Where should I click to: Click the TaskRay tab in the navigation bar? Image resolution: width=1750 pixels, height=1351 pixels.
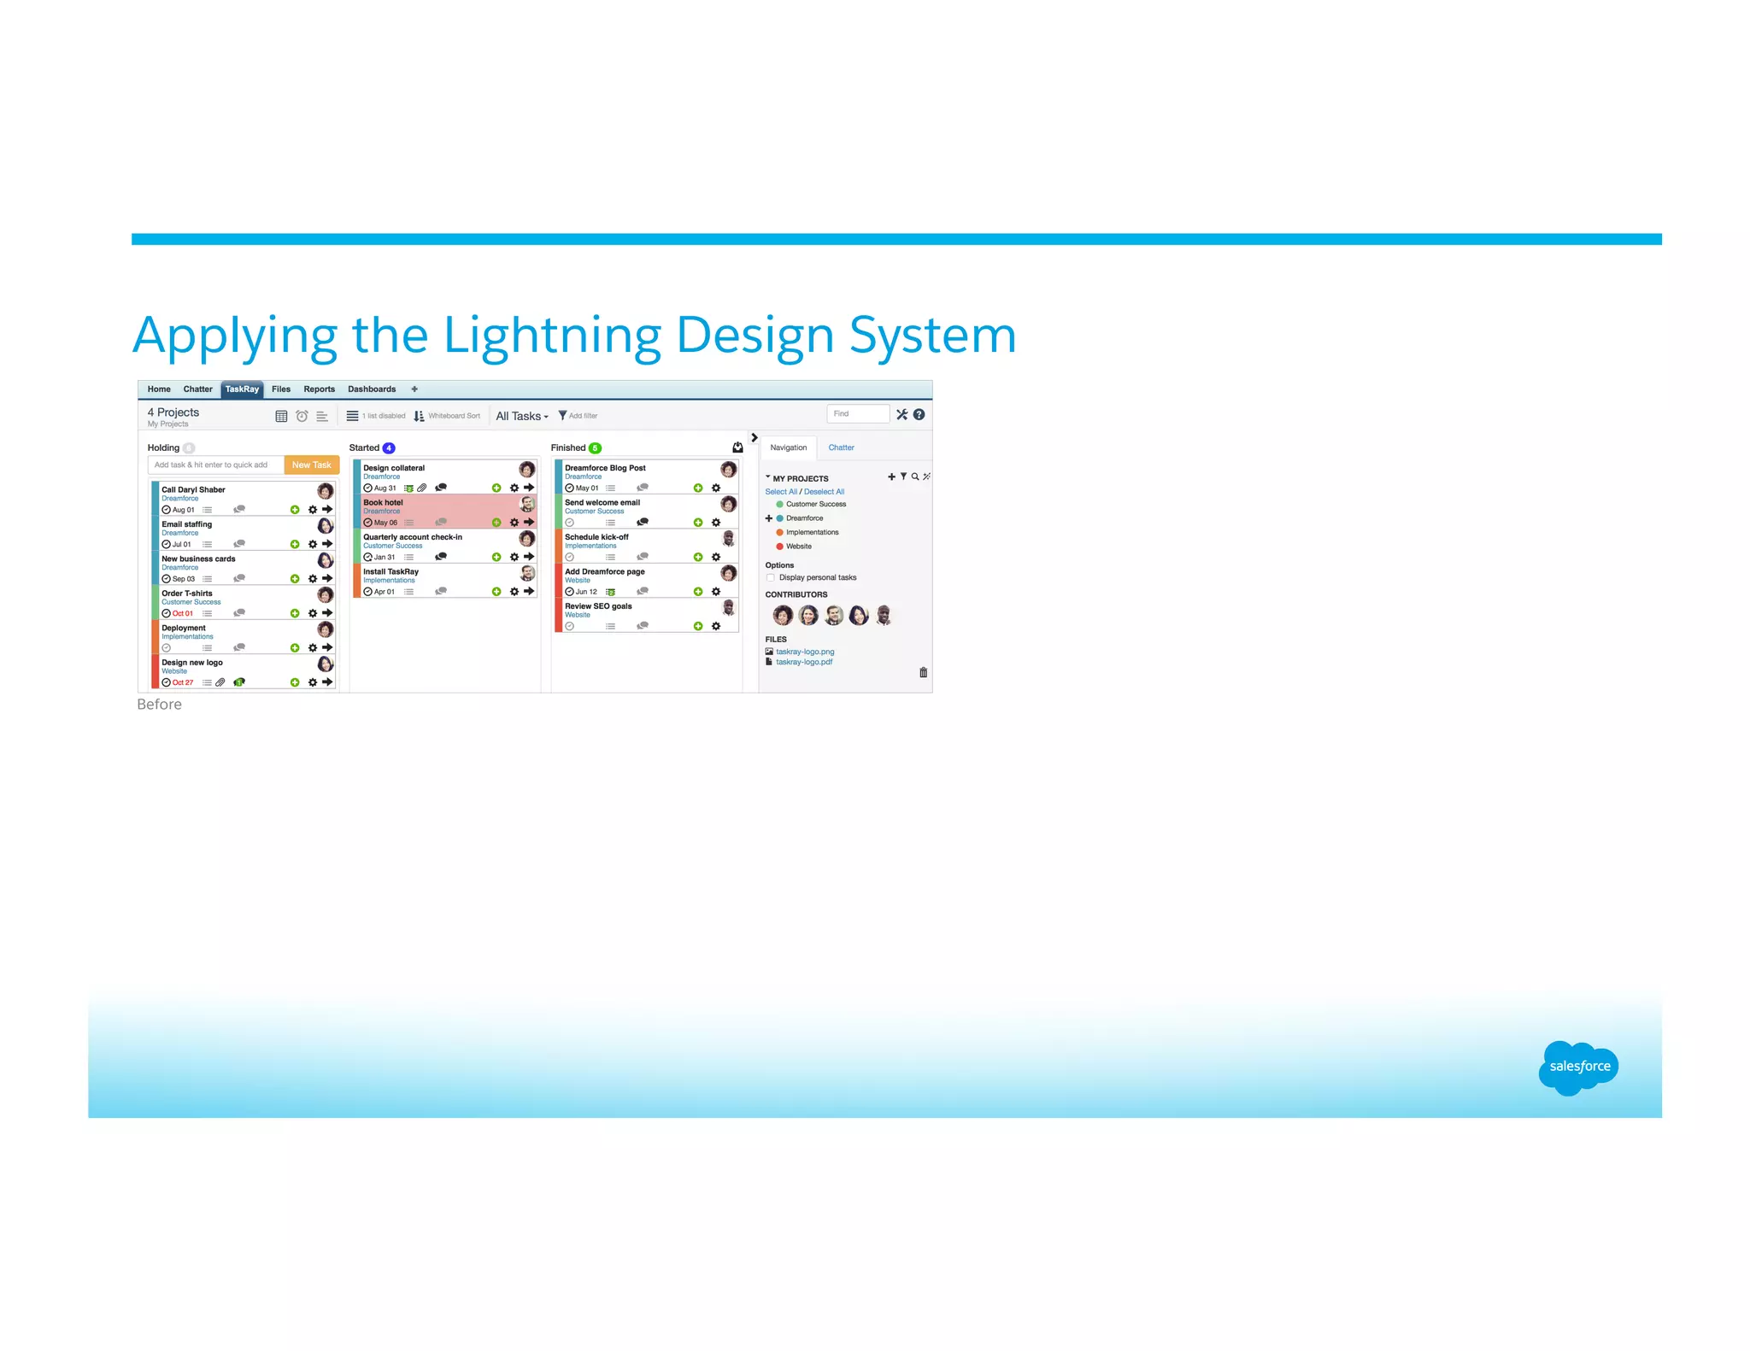pos(242,389)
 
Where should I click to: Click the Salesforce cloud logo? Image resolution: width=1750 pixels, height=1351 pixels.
pos(1578,1067)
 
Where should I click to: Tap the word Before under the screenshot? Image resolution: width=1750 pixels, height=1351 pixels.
pos(159,705)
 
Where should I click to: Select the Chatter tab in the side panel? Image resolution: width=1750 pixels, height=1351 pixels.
pos(841,447)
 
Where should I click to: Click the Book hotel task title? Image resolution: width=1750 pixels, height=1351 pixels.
pos(383,502)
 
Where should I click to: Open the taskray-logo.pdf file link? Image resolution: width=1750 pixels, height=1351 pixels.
pos(803,662)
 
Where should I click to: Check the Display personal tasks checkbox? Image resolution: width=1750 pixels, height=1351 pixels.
pos(771,578)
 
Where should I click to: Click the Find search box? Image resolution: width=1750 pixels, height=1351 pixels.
pos(857,414)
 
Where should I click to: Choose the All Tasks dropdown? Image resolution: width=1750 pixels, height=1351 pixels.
pos(521,416)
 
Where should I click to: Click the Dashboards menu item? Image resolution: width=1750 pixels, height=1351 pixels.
pos(372,389)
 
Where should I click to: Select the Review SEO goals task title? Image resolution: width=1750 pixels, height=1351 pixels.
pos(598,606)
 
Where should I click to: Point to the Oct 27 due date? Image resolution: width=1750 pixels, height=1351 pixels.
pos(182,682)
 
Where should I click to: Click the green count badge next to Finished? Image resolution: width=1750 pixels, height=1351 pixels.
pos(595,448)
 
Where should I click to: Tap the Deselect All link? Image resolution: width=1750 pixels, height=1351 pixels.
pos(824,492)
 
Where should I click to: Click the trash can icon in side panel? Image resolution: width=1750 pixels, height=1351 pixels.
pos(923,673)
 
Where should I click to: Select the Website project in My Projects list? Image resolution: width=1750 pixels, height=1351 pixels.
pos(798,547)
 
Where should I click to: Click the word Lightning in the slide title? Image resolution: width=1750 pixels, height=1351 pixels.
pos(552,336)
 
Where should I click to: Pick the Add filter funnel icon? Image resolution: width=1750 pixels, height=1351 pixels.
pos(562,416)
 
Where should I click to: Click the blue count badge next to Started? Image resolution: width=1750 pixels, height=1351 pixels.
pos(389,448)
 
